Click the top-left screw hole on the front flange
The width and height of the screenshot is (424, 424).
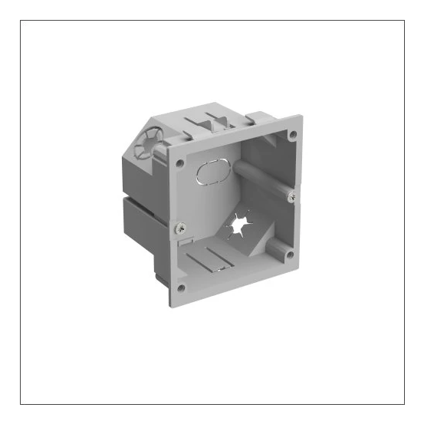[x=179, y=163]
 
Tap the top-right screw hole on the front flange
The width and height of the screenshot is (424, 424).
[x=292, y=135]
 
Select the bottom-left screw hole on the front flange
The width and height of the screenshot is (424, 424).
[x=181, y=288]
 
